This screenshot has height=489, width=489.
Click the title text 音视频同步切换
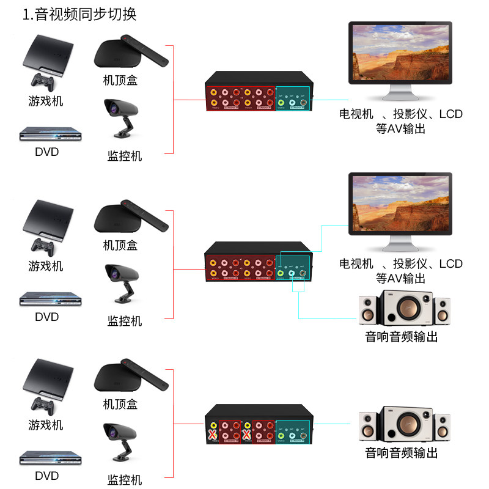click(x=86, y=15)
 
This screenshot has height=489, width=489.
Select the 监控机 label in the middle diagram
click(x=125, y=321)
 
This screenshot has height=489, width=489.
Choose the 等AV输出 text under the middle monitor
click(x=400, y=279)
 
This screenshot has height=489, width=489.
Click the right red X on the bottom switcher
click(x=247, y=435)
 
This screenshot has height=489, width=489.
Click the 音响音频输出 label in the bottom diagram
click(x=402, y=453)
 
